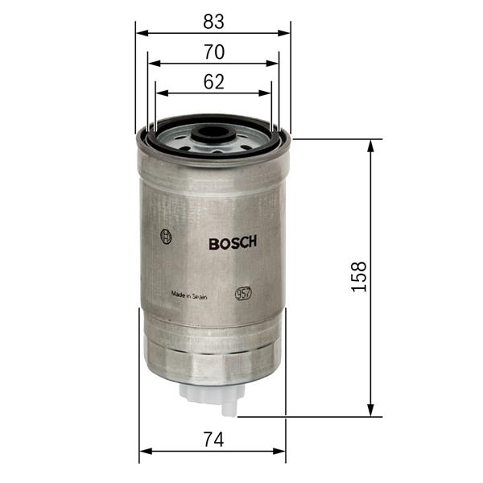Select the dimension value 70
213,52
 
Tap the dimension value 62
213,81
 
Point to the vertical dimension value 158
358,277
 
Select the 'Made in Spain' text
189,295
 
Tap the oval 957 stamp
243,294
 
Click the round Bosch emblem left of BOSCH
167,237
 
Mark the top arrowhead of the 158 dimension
371,145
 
